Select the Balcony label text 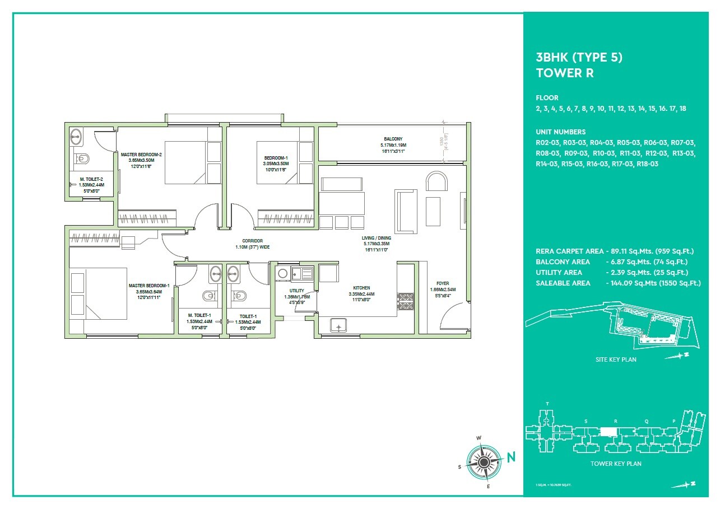click(393, 139)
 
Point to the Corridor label click(253, 241)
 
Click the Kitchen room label click(361, 288)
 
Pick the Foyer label click(443, 283)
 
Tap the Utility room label click(296, 291)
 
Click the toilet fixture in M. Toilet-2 click(83, 158)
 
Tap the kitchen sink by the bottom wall click(338, 325)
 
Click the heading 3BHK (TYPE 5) click(579, 57)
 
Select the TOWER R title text click(564, 73)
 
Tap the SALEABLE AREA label click(563, 283)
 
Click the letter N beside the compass click(511, 457)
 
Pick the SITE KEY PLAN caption click(615, 359)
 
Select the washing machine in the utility click(282, 273)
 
